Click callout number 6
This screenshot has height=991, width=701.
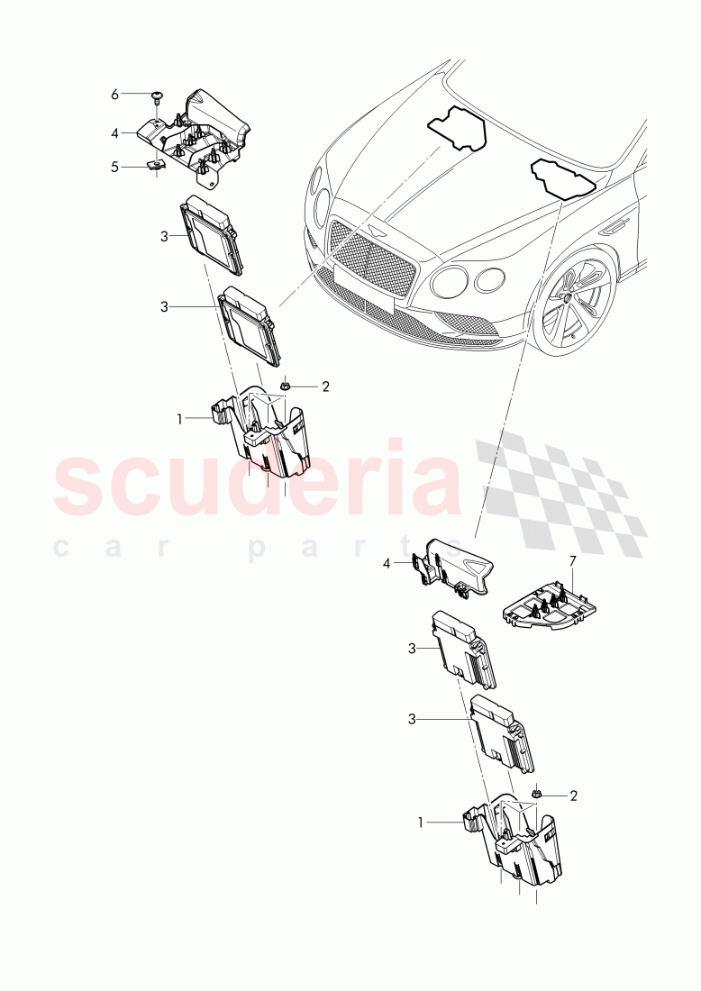[115, 95]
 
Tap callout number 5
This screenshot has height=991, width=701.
[115, 166]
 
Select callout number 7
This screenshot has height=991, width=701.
[570, 562]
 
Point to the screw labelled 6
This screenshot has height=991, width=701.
[157, 95]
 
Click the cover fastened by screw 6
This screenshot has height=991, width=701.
[203, 135]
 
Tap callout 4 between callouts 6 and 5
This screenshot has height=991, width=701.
[115, 133]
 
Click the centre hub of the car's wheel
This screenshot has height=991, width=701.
[569, 296]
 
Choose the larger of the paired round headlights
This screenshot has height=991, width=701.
[449, 281]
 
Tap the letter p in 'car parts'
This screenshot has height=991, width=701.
[256, 548]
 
